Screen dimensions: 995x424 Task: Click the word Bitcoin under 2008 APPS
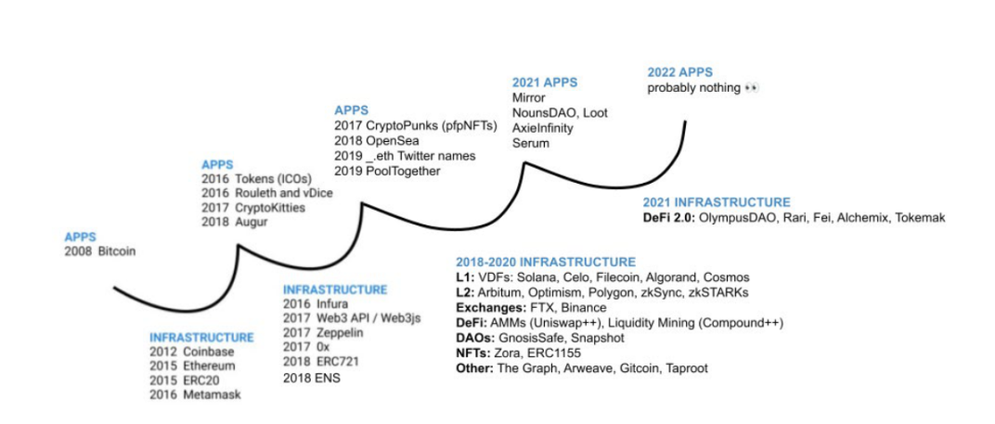click(x=117, y=251)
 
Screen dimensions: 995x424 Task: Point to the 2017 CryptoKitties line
click(x=253, y=208)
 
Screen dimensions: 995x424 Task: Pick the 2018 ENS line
click(x=312, y=379)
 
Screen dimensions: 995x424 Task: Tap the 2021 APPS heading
click(x=545, y=84)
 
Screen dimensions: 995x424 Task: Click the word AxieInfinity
click(x=543, y=128)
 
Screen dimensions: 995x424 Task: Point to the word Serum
click(x=531, y=144)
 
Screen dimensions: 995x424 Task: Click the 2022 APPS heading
click(x=680, y=72)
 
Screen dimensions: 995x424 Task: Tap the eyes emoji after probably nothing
click(x=751, y=88)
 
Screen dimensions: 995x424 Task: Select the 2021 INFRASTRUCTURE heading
click(x=717, y=202)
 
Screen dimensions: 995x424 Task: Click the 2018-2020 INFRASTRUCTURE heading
click(x=546, y=262)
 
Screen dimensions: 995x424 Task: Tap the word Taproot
click(x=687, y=368)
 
